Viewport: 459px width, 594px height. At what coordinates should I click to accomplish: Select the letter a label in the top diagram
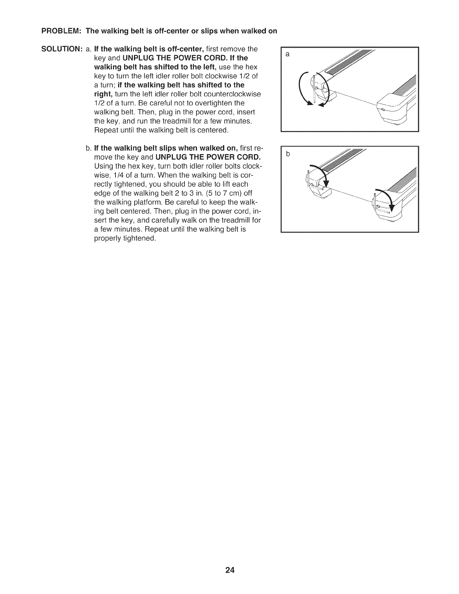288,55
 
